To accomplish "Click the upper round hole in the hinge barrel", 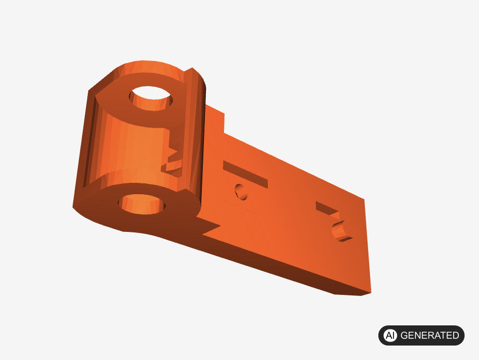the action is coord(151,98).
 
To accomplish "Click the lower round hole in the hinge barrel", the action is coord(142,204).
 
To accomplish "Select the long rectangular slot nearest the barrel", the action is coord(245,174).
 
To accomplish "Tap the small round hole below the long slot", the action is coord(242,192).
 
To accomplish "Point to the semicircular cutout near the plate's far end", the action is coord(342,231).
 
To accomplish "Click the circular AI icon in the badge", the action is coord(390,335).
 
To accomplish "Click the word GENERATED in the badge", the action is coord(429,335).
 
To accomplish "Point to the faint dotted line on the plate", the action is coord(242,207).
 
